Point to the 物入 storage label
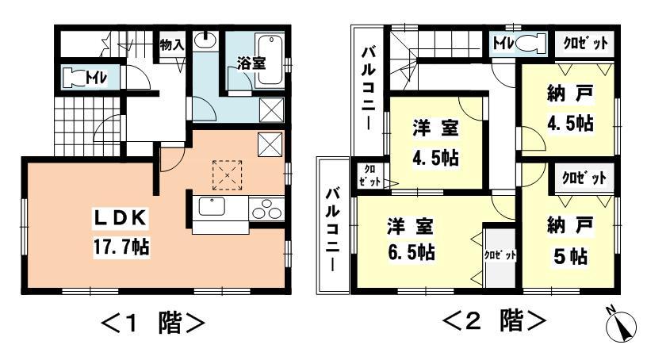pyautogui.click(x=172, y=45)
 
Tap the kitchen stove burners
pyautogui.click(x=266, y=211)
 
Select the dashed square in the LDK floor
pyautogui.click(x=228, y=174)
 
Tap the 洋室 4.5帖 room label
pyautogui.click(x=436, y=140)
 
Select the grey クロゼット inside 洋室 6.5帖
pyautogui.click(x=500, y=256)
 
